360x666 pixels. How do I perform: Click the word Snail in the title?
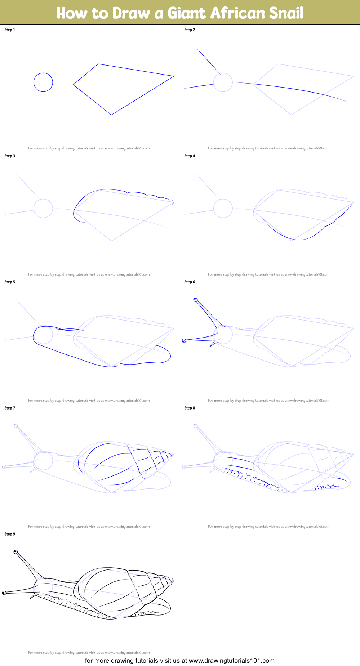[x=285, y=13]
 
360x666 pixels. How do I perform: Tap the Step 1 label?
[x=10, y=30]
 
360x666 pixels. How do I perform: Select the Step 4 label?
[x=190, y=156]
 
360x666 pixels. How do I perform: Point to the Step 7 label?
[x=10, y=408]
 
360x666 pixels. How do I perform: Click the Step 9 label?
[x=10, y=534]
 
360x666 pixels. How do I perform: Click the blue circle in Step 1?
[x=43, y=82]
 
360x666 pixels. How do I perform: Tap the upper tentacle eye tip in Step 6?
[x=196, y=300]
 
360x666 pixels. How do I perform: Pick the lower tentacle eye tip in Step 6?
[x=184, y=341]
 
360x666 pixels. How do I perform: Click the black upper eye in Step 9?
[x=15, y=552]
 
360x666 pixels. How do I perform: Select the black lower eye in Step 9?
[x=4, y=593]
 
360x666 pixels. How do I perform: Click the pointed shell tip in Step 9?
[x=172, y=580]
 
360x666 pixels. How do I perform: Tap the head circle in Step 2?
[x=223, y=82]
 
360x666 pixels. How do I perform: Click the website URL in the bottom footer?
[x=231, y=661]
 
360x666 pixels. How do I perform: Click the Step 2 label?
[x=190, y=30]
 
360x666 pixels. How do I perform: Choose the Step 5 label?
[x=10, y=282]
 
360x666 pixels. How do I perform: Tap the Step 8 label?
[x=190, y=408]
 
